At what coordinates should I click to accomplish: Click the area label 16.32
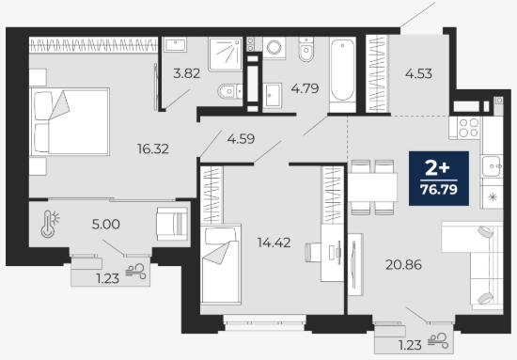(x=153, y=149)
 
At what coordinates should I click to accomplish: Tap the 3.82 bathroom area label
(x=187, y=73)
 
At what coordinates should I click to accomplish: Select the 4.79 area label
(x=305, y=88)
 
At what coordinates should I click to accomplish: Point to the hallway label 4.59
(x=241, y=139)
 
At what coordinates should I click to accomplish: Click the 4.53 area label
(x=418, y=73)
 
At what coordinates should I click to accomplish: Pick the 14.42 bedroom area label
(x=274, y=243)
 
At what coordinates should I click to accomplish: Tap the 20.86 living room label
(x=403, y=265)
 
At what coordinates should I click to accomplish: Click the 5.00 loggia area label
(x=106, y=225)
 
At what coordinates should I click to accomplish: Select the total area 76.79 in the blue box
(x=439, y=190)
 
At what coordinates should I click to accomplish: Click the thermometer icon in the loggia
(x=50, y=224)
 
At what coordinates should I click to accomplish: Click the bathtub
(x=342, y=74)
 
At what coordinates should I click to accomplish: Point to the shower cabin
(x=226, y=55)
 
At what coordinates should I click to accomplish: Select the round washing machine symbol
(x=274, y=48)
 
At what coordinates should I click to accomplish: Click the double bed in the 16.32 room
(x=70, y=121)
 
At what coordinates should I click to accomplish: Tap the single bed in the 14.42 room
(x=221, y=264)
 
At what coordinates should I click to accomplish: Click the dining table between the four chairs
(x=372, y=187)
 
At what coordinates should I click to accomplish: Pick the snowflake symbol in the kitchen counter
(x=493, y=197)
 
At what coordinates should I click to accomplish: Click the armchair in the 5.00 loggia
(x=172, y=224)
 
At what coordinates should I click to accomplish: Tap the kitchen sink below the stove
(x=492, y=166)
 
